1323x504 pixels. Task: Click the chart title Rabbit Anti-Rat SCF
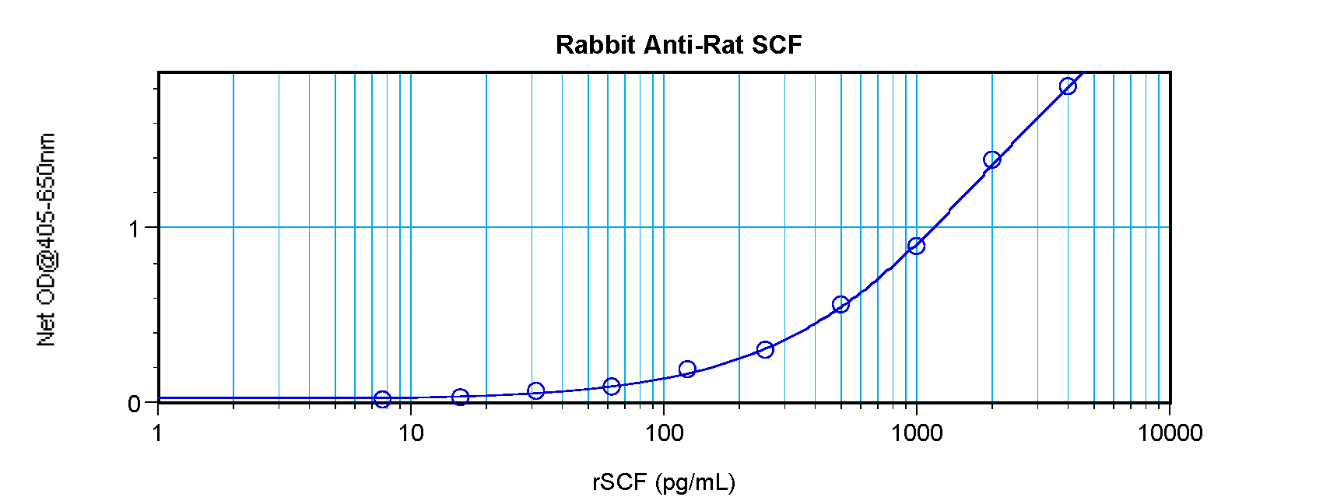pos(679,45)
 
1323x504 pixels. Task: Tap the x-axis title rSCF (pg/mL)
pos(663,483)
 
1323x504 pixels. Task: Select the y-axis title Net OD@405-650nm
pos(46,240)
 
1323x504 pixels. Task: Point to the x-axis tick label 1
pos(158,432)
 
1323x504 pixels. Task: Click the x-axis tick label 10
pos(411,432)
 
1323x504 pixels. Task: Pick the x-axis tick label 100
pos(664,432)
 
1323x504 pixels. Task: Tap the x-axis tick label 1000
pos(917,432)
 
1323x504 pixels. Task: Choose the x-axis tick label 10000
pos(1170,432)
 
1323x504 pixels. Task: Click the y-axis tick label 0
pos(135,404)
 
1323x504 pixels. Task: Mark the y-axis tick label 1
pos(135,229)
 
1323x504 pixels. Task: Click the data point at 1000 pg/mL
pos(916,246)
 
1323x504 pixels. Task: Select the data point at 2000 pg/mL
pos(991,159)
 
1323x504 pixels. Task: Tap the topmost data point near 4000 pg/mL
pos(1068,86)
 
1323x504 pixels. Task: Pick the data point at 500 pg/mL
pos(840,304)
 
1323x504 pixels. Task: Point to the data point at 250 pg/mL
pos(765,349)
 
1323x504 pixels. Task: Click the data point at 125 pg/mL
pos(687,369)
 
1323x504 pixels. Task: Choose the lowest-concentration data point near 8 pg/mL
pos(382,399)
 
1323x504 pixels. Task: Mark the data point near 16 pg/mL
pos(460,397)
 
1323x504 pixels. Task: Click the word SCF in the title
pos(777,45)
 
